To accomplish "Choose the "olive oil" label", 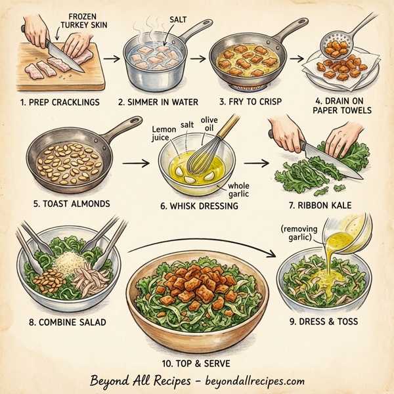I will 209,123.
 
